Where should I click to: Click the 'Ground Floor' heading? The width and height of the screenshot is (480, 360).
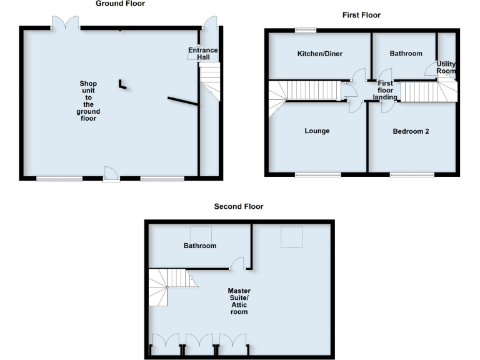120,4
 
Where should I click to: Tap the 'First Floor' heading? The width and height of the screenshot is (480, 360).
361,15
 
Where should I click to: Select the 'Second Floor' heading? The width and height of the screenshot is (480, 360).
239,206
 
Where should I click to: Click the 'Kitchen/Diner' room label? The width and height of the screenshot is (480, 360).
319,54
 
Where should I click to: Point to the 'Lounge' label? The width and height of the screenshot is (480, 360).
317,131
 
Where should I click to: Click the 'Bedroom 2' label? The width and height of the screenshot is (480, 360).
411,131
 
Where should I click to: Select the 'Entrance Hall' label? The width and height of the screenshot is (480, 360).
203,54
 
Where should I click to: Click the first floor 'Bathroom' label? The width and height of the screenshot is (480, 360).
406,54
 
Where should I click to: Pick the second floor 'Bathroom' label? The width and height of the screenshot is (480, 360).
200,246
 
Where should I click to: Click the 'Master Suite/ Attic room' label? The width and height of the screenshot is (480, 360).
239,301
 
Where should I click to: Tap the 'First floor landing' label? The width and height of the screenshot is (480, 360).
386,90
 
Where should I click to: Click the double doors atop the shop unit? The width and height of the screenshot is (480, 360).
66,22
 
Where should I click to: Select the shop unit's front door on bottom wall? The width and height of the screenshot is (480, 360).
111,174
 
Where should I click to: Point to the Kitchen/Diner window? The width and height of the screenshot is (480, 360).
306,29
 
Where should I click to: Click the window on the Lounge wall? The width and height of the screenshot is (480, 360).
318,175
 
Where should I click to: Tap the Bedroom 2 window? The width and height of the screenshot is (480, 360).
412,175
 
